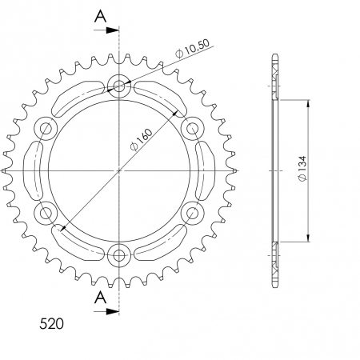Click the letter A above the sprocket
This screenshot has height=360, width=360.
[98, 15]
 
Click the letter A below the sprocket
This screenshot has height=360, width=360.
[98, 298]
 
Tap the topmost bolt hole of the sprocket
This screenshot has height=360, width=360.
[120, 85]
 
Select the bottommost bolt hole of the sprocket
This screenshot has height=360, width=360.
[120, 255]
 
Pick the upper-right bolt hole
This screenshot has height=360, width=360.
[193, 127]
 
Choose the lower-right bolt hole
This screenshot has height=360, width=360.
[193, 213]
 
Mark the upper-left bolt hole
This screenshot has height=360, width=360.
[46, 127]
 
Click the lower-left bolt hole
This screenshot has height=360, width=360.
[46, 213]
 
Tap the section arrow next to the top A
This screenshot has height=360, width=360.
[110, 30]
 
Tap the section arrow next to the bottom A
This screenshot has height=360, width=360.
[110, 310]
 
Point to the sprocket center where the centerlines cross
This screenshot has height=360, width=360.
[120, 170]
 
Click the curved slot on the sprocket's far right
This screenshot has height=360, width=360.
[206, 170]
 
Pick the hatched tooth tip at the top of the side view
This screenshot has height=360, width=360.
[276, 69]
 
